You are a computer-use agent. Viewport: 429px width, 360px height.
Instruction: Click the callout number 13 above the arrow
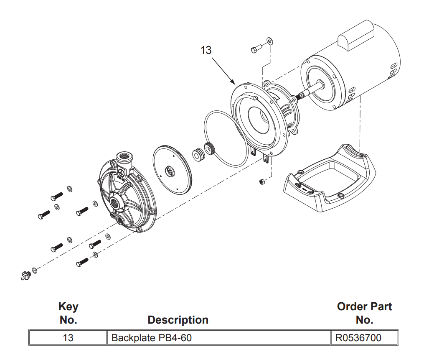tap(206, 50)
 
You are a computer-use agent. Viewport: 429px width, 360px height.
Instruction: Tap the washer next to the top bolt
tap(270, 40)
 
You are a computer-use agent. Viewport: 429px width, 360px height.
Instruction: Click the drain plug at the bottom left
tap(26, 276)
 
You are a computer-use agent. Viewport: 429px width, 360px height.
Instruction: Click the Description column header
tap(178, 320)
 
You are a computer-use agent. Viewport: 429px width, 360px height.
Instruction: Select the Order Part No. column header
tap(364, 313)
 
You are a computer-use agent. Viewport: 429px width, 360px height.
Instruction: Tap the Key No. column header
tap(68, 313)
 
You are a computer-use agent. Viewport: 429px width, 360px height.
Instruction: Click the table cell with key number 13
tap(68, 338)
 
